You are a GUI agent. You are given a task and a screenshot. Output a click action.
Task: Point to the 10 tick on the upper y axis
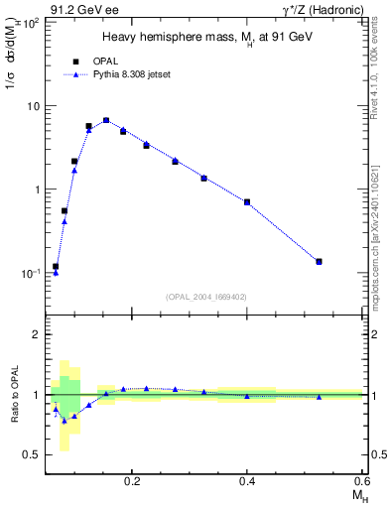click(33, 105)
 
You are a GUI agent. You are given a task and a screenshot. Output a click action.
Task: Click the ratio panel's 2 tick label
click(36, 335)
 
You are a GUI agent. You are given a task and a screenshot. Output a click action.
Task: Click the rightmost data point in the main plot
click(319, 262)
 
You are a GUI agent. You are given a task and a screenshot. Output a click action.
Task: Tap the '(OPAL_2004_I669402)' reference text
click(206, 296)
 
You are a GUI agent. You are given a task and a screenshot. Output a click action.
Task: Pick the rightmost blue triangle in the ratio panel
click(319, 397)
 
